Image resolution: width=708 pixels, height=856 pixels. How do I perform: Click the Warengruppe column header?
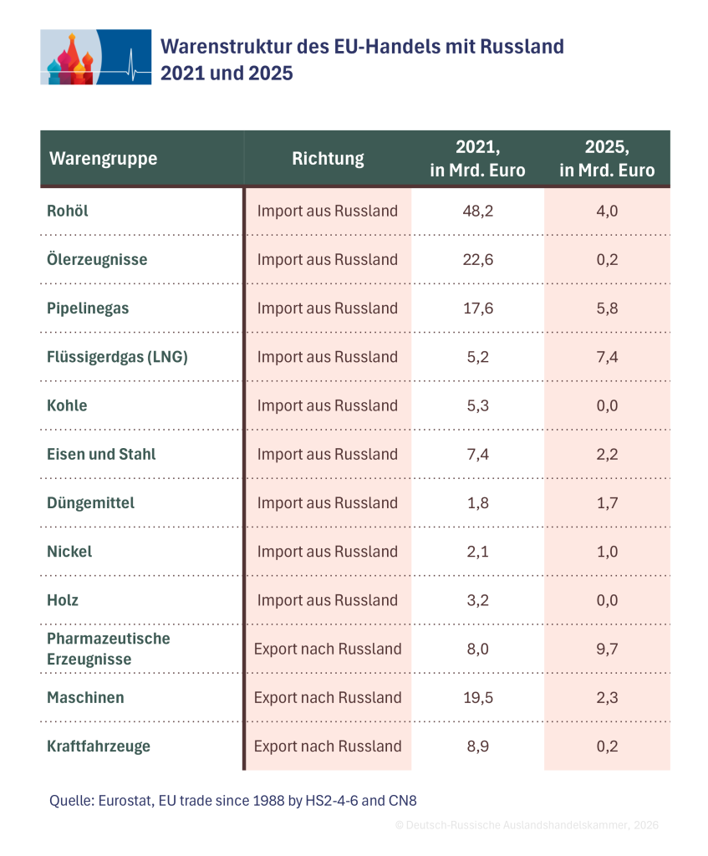(103, 158)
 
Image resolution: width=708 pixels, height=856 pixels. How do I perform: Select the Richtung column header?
(328, 158)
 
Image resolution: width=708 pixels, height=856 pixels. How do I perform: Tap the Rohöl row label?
(67, 211)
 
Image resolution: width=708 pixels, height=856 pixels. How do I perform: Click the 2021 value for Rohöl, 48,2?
(477, 211)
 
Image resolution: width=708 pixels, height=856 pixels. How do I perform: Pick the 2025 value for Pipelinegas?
(607, 308)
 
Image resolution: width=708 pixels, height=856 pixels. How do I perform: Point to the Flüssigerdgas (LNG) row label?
(117, 357)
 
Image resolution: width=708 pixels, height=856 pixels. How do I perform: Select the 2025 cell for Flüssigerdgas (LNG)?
(607, 357)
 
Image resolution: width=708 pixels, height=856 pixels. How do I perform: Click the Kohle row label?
(67, 405)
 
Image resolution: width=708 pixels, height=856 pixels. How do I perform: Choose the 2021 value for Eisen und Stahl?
(477, 454)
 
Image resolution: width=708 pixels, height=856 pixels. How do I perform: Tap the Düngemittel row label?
(90, 502)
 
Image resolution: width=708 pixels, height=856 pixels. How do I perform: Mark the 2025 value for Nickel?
(607, 552)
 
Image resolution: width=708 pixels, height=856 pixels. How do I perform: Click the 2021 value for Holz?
(477, 600)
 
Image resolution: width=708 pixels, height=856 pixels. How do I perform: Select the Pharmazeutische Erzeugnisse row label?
(109, 649)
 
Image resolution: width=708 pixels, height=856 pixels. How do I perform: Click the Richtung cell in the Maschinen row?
(328, 697)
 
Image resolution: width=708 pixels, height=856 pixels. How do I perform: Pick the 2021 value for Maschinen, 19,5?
(477, 697)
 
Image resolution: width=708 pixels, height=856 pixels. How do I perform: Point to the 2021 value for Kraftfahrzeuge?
(477, 746)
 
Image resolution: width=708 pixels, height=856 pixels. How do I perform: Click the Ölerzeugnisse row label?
(97, 259)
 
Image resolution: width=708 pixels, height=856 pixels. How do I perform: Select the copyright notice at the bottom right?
(527, 825)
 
